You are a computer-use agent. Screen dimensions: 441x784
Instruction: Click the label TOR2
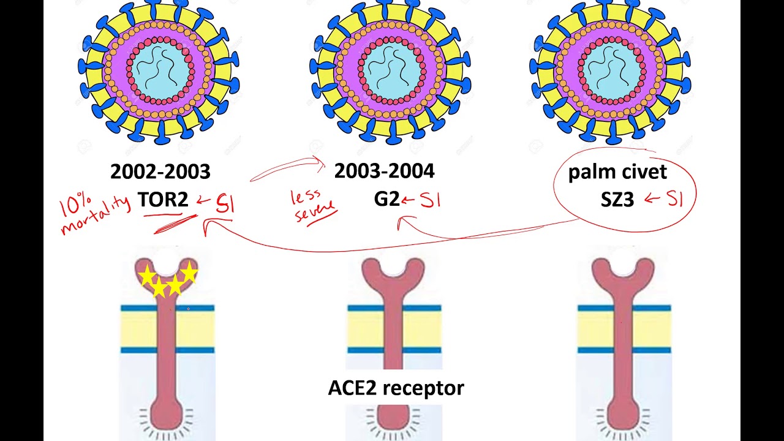pos(162,199)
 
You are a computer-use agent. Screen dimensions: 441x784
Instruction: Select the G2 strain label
pos(386,199)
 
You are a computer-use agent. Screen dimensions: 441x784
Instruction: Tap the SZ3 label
pos(617,199)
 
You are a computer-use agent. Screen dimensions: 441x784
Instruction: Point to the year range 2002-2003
pos(160,172)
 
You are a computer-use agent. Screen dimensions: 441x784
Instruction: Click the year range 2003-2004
pos(384,171)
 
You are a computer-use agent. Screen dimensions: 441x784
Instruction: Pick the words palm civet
pos(617,172)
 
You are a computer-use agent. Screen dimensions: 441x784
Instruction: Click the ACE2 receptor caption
pos(396,388)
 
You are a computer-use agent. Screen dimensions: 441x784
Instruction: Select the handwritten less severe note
pos(314,206)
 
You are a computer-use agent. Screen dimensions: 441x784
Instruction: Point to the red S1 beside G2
pos(430,200)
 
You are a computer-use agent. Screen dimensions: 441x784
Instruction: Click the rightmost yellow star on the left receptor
pos(189,271)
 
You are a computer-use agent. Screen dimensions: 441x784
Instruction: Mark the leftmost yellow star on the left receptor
pos(147,277)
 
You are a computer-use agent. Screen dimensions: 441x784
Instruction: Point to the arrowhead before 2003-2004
pos(321,161)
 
